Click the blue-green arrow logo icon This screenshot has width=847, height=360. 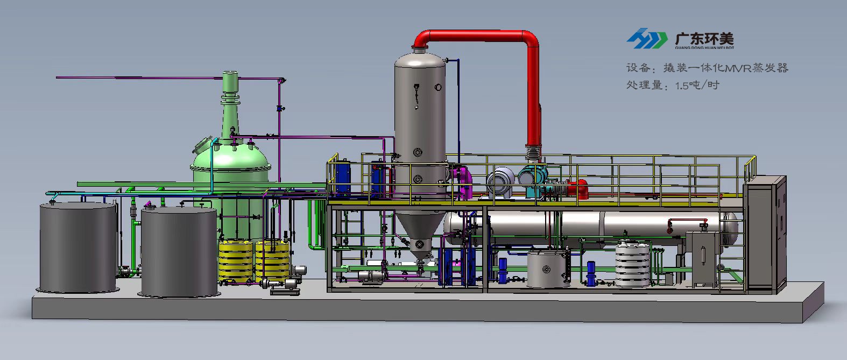pos(647,39)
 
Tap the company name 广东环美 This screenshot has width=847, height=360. pos(704,39)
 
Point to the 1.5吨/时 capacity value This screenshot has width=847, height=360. pos(697,85)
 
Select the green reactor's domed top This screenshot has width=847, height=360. pos(231,155)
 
